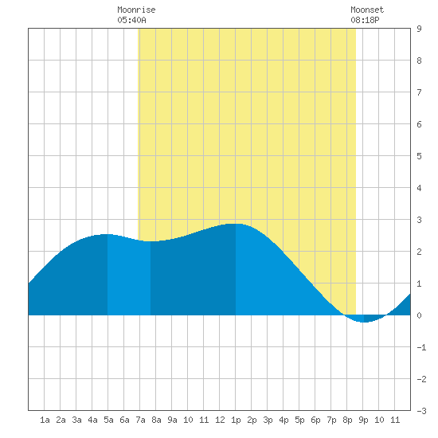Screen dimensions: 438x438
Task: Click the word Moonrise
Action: (136, 10)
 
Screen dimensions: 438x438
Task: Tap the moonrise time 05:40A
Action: (131, 20)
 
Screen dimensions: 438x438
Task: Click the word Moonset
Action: (367, 10)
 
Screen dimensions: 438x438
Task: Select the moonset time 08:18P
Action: (365, 20)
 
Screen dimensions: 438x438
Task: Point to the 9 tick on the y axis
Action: (419, 29)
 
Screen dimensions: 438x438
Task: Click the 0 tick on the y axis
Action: (419, 315)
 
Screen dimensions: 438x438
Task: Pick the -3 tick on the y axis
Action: (421, 411)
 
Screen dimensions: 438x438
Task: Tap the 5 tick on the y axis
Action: (419, 156)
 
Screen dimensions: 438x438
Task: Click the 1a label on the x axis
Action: (45, 420)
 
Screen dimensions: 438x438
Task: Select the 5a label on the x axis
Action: (108, 420)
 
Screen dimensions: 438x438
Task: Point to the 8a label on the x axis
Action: (156, 420)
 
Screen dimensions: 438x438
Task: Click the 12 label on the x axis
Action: (220, 420)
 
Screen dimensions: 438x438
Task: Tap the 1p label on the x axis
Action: (236, 420)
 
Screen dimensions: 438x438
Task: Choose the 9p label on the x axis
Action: (363, 420)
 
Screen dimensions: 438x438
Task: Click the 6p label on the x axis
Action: (315, 420)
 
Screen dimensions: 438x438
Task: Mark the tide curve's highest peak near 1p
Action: (235, 224)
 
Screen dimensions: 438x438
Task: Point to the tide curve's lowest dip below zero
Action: (363, 322)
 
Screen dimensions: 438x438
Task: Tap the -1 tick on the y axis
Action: (421, 347)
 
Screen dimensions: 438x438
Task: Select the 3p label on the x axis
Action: (268, 420)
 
